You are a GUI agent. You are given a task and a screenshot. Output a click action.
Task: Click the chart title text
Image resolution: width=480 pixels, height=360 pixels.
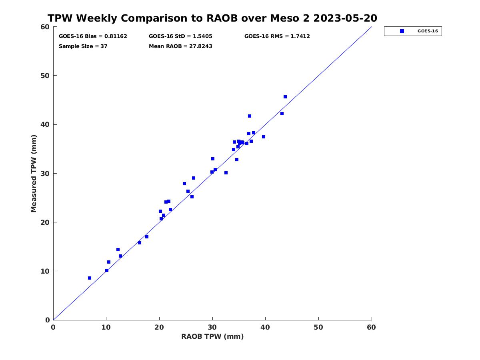coord(212,18)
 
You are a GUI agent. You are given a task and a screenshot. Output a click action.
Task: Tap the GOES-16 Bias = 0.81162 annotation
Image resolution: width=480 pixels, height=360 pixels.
coord(93,36)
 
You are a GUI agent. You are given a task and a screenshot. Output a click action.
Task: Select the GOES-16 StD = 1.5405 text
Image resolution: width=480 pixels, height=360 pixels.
coord(180,36)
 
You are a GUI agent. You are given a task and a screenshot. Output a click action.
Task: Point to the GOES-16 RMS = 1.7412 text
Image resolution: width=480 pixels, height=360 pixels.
coord(277,36)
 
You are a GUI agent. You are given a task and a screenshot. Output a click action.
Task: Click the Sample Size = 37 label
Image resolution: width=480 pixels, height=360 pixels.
coord(83,46)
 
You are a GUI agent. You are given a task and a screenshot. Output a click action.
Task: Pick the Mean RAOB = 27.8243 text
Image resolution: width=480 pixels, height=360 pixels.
coord(180,46)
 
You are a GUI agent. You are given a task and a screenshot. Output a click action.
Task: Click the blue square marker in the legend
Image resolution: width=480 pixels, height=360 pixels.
coord(402,31)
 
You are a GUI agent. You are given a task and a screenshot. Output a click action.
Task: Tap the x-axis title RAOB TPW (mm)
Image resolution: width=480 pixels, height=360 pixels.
coord(212,336)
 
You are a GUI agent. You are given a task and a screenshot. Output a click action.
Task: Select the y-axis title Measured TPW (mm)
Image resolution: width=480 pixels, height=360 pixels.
coord(34,174)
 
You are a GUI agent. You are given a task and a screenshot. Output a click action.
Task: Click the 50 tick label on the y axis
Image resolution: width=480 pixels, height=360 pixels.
coord(45,76)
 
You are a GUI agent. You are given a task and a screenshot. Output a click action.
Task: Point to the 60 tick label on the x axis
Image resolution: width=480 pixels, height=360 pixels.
coord(371,327)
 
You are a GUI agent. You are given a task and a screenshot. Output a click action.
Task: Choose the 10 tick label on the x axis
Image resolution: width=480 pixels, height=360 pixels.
coord(106,327)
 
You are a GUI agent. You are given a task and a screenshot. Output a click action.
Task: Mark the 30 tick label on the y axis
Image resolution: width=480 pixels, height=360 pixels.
coord(45,174)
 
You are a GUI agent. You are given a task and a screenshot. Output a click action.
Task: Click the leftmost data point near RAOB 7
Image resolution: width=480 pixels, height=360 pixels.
coord(90,278)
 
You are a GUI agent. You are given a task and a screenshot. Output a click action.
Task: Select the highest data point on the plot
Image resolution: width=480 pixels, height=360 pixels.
coord(285,97)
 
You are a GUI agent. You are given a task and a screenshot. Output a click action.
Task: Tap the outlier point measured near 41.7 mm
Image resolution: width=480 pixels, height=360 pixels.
coord(250,116)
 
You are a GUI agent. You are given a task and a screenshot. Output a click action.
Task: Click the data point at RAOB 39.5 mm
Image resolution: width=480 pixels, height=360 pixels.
coord(264,137)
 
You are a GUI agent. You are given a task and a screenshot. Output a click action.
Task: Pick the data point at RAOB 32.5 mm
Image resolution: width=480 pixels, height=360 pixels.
coord(226,173)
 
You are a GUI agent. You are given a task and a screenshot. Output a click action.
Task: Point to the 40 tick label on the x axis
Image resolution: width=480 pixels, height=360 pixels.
coord(265,327)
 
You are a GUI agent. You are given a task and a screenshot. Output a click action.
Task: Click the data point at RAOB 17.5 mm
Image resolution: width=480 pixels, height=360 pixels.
coord(147,237)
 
